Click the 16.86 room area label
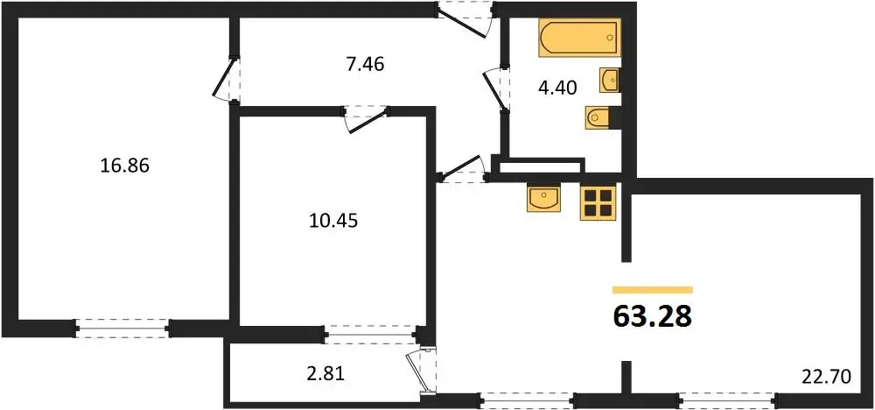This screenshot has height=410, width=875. [x=125, y=166]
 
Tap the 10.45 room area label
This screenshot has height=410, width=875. [x=332, y=222]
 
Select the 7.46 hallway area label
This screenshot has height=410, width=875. [x=366, y=65]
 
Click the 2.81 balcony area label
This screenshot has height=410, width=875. [x=326, y=373]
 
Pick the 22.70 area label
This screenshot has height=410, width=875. [x=828, y=378]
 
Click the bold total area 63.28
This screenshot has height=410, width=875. [x=653, y=317]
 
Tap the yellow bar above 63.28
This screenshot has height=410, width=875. [x=653, y=289]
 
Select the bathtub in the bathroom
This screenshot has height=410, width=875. [x=580, y=39]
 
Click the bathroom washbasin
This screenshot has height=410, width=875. [x=609, y=81]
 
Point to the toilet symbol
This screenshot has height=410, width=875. [x=601, y=118]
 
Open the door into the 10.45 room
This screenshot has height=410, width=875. [x=366, y=119]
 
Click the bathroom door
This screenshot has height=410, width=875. [x=496, y=89]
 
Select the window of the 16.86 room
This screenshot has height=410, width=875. [x=122, y=328]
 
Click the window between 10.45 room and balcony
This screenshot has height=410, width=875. [x=371, y=334]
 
